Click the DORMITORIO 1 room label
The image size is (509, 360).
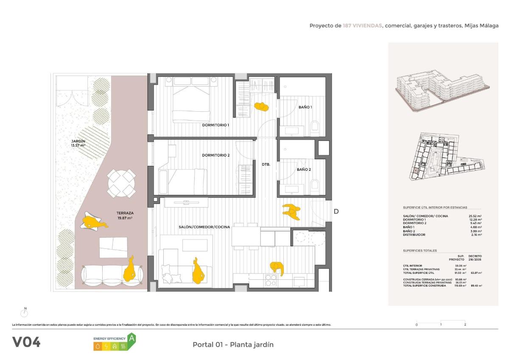(x=215, y=125)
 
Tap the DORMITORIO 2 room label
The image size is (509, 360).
(x=215, y=155)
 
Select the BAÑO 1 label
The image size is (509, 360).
(x=305, y=107)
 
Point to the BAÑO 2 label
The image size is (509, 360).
(x=304, y=169)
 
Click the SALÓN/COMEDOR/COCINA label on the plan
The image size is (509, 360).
(x=204, y=227)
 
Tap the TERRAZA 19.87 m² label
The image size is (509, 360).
(x=125, y=216)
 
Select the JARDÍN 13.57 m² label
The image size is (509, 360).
(x=78, y=143)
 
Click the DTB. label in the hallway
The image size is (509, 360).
(x=266, y=164)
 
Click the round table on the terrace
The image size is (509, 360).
(x=122, y=183)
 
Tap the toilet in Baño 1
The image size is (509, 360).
(x=315, y=127)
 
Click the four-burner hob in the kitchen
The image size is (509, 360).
(x=271, y=281)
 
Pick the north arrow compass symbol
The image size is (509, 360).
(x=25, y=313)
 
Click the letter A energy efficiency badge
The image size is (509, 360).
(x=131, y=338)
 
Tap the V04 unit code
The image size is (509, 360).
(x=27, y=342)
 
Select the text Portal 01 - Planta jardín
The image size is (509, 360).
(x=233, y=344)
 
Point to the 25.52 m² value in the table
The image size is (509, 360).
(x=474, y=216)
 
